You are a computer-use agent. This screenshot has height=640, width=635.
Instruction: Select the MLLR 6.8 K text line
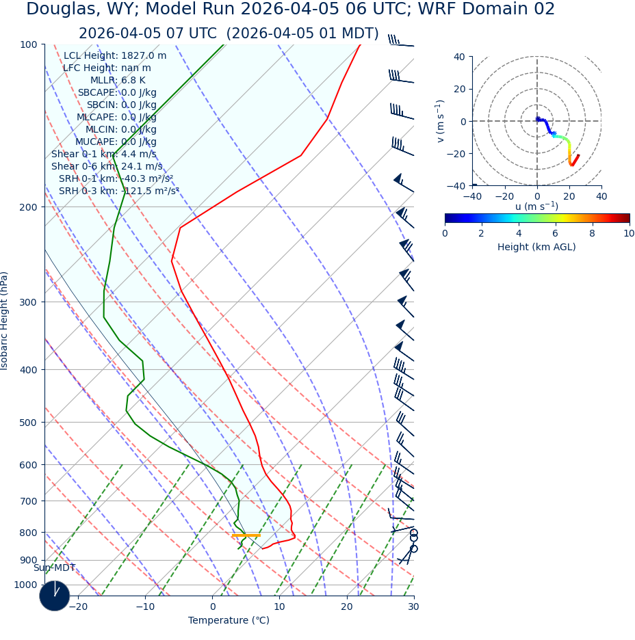(x=118, y=81)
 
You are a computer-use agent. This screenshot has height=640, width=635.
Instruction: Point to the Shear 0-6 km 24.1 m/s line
(x=107, y=166)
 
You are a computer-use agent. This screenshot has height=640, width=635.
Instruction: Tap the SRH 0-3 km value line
(x=118, y=191)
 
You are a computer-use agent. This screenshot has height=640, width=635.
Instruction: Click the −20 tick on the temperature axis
(x=78, y=606)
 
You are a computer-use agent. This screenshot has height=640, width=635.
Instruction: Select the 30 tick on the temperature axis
(x=413, y=606)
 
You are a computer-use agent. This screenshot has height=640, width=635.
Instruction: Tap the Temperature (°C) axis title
(x=229, y=620)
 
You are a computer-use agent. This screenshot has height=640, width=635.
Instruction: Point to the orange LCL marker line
(x=246, y=535)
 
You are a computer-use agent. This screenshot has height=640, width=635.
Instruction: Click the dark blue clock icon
(x=54, y=596)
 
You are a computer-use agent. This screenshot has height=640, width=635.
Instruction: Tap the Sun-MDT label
(x=54, y=568)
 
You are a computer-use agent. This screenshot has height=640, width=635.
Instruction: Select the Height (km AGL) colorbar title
(x=536, y=247)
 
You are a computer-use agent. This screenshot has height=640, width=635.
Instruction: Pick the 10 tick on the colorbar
(x=629, y=233)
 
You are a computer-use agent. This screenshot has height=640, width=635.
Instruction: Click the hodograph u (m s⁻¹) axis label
(x=536, y=206)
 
